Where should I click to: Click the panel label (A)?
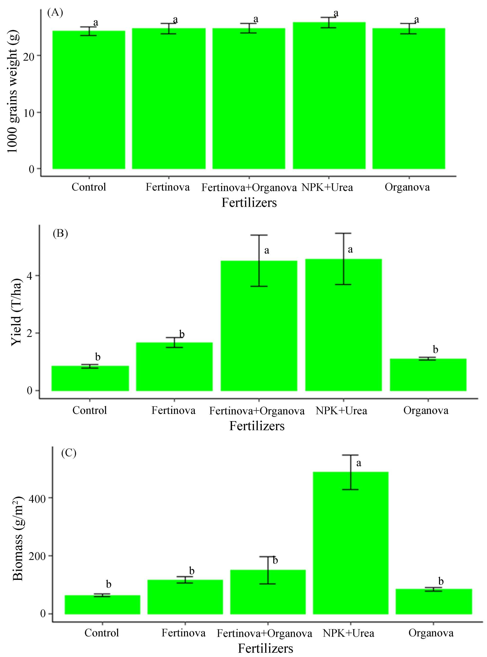click(55, 13)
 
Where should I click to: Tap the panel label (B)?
click(60, 233)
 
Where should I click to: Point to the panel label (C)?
click(69, 453)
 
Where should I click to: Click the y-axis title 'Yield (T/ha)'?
click(17, 312)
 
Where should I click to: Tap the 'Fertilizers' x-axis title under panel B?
click(257, 426)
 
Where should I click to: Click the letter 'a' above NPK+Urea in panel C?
click(358, 463)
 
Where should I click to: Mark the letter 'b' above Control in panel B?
click(98, 357)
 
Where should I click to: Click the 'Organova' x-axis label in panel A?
click(407, 187)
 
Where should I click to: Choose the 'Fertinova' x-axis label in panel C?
click(183, 633)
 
